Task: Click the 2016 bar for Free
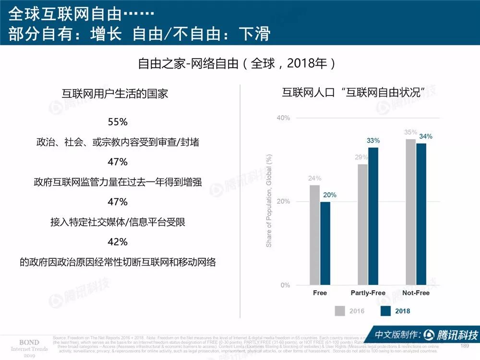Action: [314, 235]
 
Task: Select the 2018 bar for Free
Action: [325, 243]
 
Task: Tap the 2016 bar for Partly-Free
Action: [362, 225]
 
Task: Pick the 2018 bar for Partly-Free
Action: [373, 216]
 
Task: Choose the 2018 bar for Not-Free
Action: [421, 214]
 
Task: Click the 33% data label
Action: [373, 141]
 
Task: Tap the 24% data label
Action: [314, 179]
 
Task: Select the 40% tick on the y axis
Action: [283, 118]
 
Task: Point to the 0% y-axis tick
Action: [285, 285]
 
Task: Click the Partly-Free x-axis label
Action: [368, 293]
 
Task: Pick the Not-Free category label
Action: [416, 293]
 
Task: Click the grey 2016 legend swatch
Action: [339, 311]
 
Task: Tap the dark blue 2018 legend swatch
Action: [384, 311]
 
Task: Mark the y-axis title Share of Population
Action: [269, 201]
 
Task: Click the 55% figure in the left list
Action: [118, 122]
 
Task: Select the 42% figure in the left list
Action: [118, 241]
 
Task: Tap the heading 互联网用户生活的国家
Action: [115, 94]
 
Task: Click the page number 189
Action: [464, 346]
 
